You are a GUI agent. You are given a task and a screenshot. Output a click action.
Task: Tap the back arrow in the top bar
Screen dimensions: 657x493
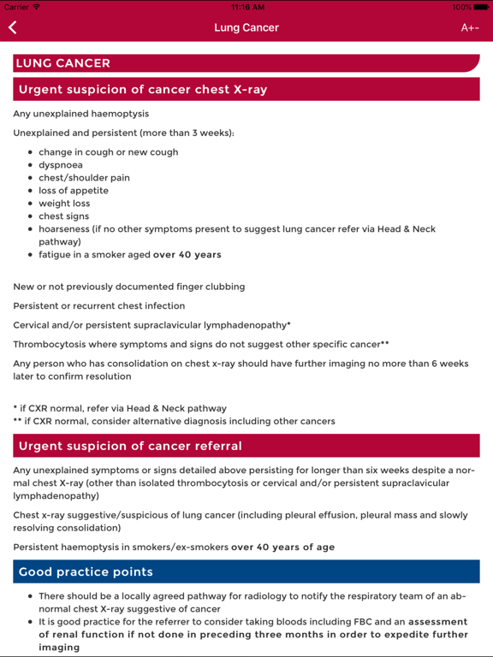pos(13,27)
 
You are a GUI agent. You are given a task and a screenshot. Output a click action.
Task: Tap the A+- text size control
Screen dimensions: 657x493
pos(470,27)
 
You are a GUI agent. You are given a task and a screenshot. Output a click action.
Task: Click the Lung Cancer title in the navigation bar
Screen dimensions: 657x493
pos(246,27)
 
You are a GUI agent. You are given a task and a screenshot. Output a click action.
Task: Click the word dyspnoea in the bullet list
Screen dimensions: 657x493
pos(60,165)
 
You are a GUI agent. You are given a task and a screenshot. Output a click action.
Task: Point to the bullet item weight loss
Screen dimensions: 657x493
pos(64,204)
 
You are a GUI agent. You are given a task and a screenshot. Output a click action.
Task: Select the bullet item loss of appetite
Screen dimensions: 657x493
pos(74,191)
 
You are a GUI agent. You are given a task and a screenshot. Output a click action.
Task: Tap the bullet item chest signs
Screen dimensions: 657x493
pos(63,216)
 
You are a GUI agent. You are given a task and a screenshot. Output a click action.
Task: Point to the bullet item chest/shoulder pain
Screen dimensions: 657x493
pos(84,178)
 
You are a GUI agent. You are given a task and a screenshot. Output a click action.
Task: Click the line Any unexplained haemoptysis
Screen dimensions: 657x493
pos(81,113)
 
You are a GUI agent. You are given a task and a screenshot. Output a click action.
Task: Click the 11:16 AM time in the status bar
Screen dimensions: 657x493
pos(246,7)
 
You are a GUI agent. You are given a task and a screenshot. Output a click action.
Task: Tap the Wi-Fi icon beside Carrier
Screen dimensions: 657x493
pos(37,7)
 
